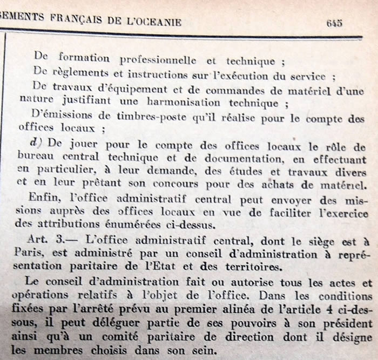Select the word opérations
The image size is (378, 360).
click(x=42, y=297)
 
